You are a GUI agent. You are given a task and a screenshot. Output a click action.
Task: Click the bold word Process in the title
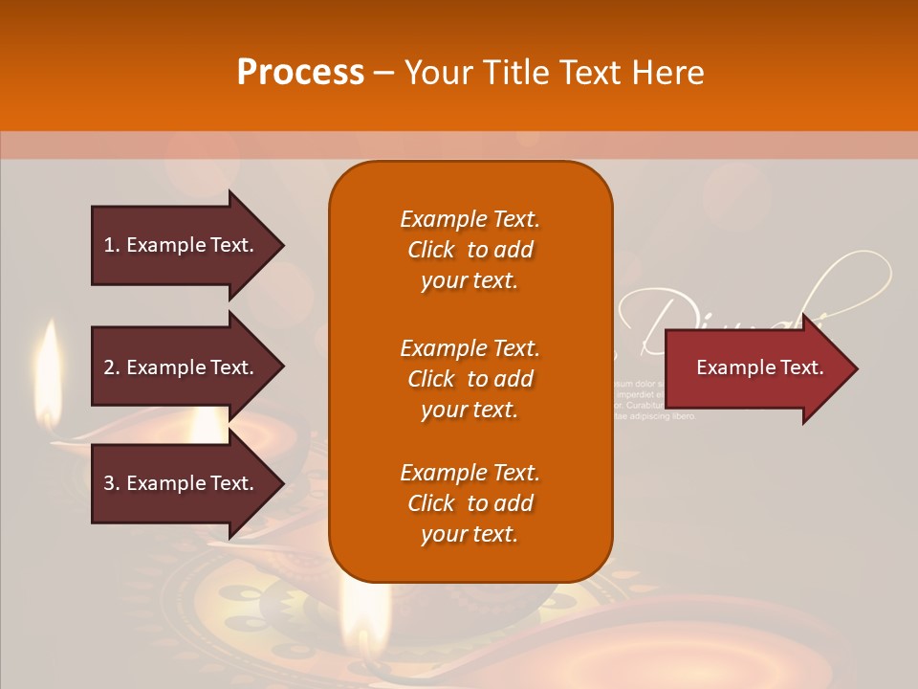coord(300,72)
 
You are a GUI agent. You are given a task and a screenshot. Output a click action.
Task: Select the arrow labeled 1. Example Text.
coord(182,245)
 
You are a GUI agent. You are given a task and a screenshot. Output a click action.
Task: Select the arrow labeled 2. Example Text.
coord(182,367)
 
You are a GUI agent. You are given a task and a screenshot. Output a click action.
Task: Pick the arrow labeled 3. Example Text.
coord(182,483)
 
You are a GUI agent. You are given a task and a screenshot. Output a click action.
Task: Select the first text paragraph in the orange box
coord(470,250)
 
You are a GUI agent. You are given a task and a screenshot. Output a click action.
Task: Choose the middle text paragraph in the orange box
coord(470,379)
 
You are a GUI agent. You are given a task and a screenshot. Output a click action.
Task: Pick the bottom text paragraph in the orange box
coord(470,503)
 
